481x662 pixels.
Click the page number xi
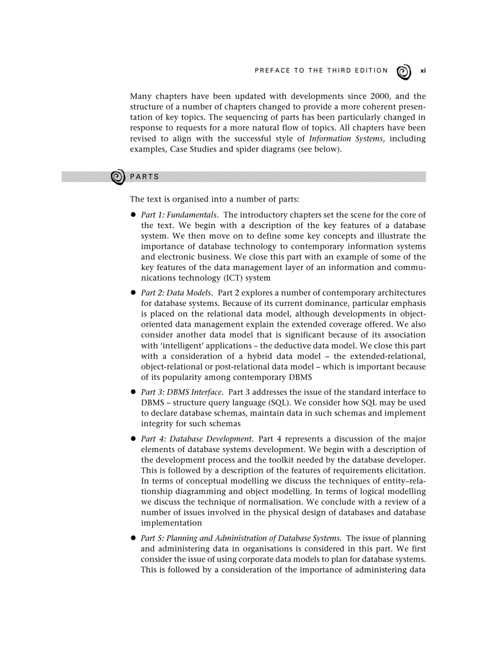click(423, 71)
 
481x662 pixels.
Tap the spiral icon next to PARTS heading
click(118, 177)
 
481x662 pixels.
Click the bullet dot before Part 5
click(134, 538)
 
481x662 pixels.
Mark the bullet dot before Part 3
click(134, 393)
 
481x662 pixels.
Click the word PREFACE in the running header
click(272, 71)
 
